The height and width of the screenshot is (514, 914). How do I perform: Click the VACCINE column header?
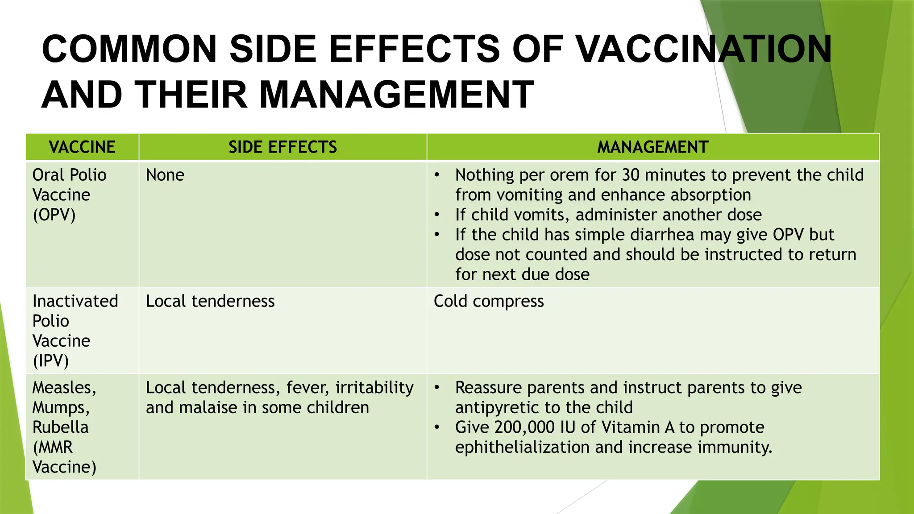click(x=82, y=147)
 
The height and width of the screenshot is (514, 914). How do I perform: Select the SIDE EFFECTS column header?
click(x=283, y=147)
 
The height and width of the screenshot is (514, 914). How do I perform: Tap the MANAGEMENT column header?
click(x=652, y=147)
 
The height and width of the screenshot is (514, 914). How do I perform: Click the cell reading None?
click(x=165, y=175)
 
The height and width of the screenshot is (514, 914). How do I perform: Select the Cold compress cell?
click(x=489, y=302)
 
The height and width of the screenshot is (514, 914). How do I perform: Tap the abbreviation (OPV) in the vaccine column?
click(x=54, y=215)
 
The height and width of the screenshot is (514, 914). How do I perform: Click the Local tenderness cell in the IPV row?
click(x=210, y=302)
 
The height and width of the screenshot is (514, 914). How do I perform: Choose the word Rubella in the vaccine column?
click(x=60, y=427)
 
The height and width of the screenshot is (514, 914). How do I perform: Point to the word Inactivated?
click(x=75, y=302)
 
